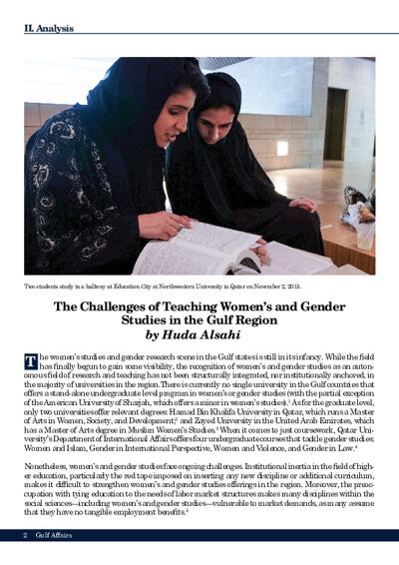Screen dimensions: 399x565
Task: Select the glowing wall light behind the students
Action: click(x=281, y=149)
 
